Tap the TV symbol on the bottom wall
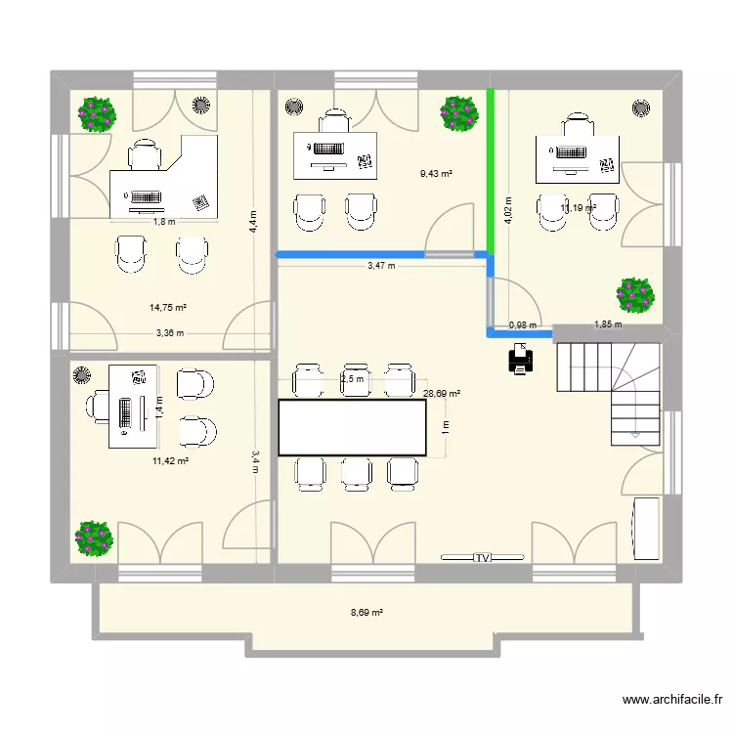click(482, 558)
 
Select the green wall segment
click(491, 171)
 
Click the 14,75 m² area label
click(168, 307)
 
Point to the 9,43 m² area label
click(436, 174)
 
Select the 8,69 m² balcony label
click(366, 613)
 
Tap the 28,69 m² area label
click(442, 394)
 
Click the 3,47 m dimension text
click(382, 265)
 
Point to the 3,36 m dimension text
click(169, 333)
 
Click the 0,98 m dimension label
click(523, 325)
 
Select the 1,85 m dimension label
click(608, 325)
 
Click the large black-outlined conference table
click(353, 427)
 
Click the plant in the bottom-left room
click(95, 537)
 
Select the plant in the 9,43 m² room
click(458, 113)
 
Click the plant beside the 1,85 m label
click(635, 294)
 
